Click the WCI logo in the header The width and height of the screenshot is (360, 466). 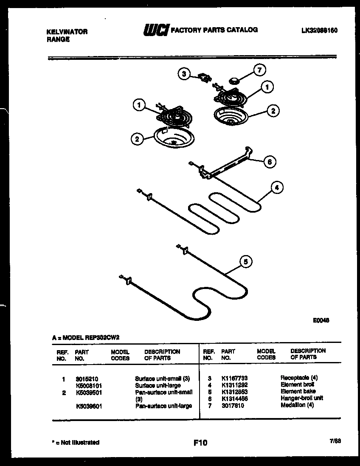coord(156,30)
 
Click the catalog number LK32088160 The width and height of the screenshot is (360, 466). coord(319,31)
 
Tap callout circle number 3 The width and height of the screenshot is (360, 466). coord(183,74)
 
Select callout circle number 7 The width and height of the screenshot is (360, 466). coord(259,69)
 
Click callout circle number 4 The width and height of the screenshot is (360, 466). coord(276,187)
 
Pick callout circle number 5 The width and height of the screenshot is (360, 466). coord(244,262)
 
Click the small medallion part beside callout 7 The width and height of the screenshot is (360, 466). coord(233,80)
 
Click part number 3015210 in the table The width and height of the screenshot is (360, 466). coord(87,378)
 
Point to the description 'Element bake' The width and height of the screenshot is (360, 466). coord(298,391)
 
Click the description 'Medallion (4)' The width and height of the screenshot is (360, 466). coord(297,405)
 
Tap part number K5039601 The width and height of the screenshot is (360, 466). coord(89,406)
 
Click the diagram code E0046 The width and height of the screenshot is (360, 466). coord(321,320)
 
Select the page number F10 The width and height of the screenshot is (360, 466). coord(200,443)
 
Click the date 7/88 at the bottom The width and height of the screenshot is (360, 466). coord(335,441)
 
